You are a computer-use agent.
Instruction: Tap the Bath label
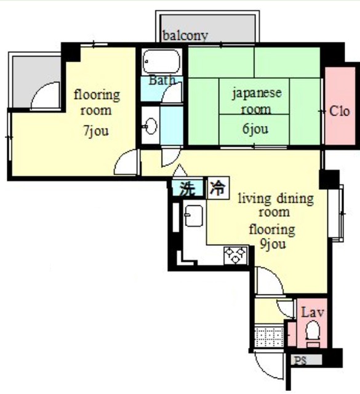[162, 80]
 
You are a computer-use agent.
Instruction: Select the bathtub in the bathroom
[161, 62]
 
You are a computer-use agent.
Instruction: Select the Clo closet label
[339, 111]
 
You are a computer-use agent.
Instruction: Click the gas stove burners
[236, 255]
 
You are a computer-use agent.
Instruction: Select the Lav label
[311, 313]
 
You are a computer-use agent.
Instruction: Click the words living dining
[276, 198]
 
